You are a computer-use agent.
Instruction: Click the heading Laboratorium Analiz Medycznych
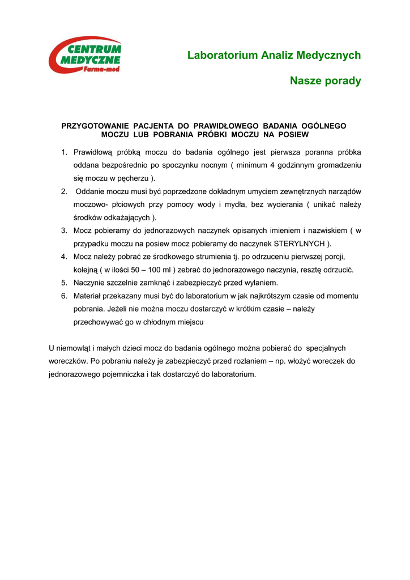tap(274, 55)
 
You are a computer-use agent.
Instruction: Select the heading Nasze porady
tap(325, 81)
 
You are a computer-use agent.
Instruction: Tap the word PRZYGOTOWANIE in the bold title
tap(95, 126)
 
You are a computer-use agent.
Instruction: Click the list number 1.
tap(64, 152)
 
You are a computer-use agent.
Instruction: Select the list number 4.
tap(64, 257)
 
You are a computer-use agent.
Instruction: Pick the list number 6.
tap(64, 296)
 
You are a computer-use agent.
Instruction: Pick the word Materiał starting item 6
tap(88, 296)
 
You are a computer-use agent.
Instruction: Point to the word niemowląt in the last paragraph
tap(75, 348)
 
